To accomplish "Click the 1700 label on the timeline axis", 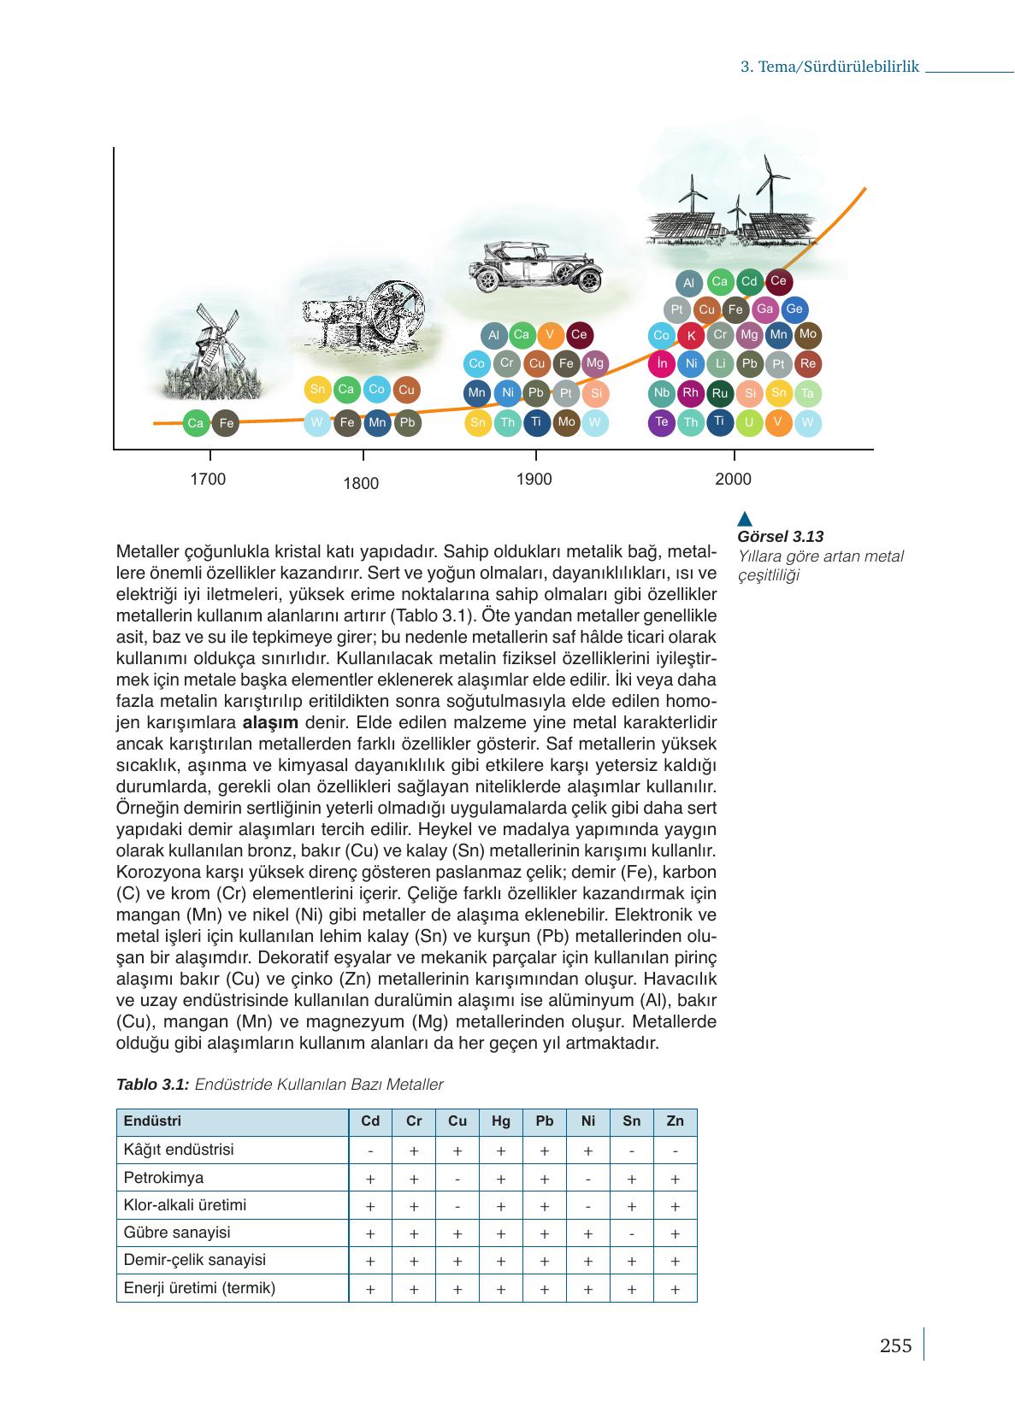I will (208, 479).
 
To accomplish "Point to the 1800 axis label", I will (361, 484).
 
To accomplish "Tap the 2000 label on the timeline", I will (733, 479).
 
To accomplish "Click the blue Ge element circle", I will (794, 309).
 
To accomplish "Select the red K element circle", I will (691, 336).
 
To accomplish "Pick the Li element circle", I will (721, 364).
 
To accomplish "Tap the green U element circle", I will (749, 422).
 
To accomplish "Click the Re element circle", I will (808, 364).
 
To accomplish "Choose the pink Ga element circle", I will (765, 309).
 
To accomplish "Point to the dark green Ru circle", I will (720, 393).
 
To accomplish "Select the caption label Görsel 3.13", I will (780, 537).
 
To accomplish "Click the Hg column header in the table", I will (501, 1121).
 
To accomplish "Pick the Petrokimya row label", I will (163, 1178).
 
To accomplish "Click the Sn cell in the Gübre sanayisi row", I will (631, 1233).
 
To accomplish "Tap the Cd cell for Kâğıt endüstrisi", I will (370, 1150).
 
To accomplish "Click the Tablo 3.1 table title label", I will (151, 1085).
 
